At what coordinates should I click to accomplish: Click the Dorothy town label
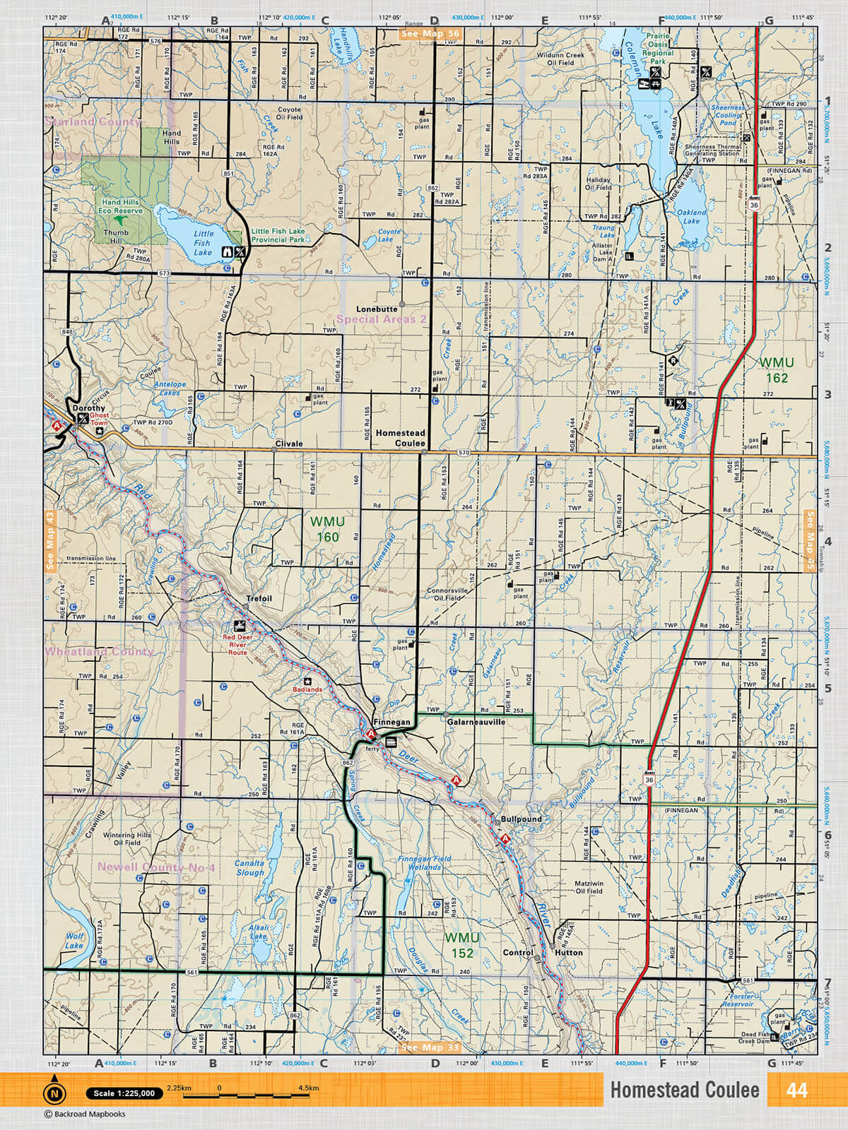click(x=88, y=408)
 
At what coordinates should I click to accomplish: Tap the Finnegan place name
click(x=391, y=722)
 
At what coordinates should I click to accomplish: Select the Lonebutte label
click(x=377, y=309)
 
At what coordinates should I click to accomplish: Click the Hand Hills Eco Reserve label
click(x=121, y=206)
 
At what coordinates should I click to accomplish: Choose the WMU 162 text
click(x=777, y=370)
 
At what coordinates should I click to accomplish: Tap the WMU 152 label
click(x=462, y=945)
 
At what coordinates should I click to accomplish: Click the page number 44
click(x=796, y=1090)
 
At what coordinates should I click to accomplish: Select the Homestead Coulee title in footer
click(x=684, y=1090)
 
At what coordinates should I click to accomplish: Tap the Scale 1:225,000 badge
click(x=124, y=1093)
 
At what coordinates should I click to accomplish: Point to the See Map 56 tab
click(x=430, y=33)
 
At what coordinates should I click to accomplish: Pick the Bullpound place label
click(x=522, y=819)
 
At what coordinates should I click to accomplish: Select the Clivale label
click(x=288, y=444)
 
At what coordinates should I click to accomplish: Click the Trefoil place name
click(x=259, y=598)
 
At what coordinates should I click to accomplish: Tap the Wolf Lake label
click(x=74, y=941)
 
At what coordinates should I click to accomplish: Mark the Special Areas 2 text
click(x=382, y=319)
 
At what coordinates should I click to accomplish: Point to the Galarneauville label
click(x=476, y=722)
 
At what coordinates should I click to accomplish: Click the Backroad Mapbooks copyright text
click(x=85, y=1114)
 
